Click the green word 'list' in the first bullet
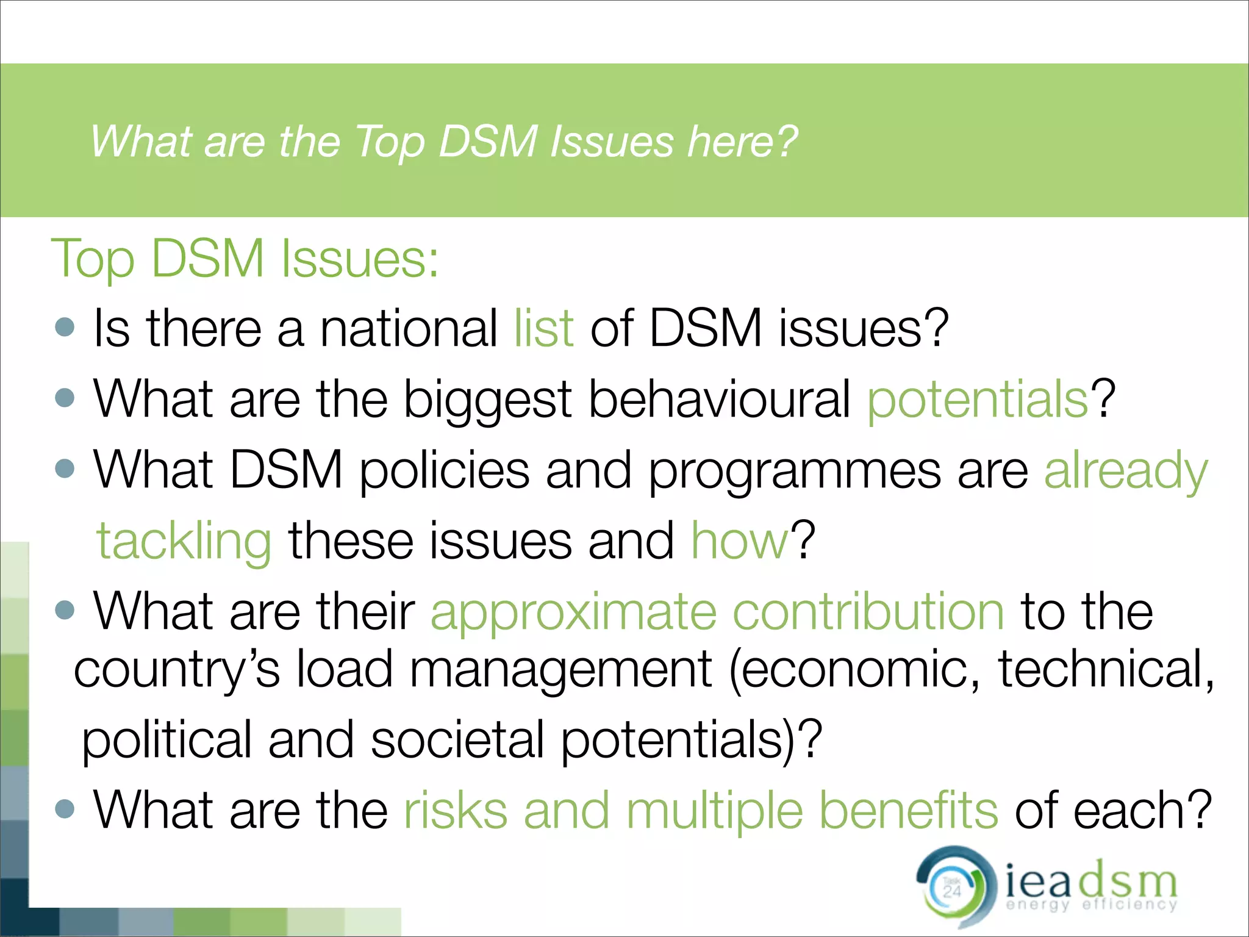point(543,328)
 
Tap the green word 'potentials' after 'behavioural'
point(978,400)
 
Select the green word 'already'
point(1126,470)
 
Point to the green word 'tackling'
point(184,541)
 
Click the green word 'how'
point(740,541)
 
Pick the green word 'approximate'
point(573,612)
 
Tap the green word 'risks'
point(456,811)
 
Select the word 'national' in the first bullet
point(409,328)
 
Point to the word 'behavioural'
point(720,400)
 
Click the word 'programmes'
point(794,470)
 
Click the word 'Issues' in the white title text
point(612,142)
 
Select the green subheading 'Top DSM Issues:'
point(245,259)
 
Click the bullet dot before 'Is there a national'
point(65,327)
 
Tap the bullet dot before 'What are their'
point(65,610)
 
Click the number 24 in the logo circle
point(952,891)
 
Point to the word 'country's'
point(177,670)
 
